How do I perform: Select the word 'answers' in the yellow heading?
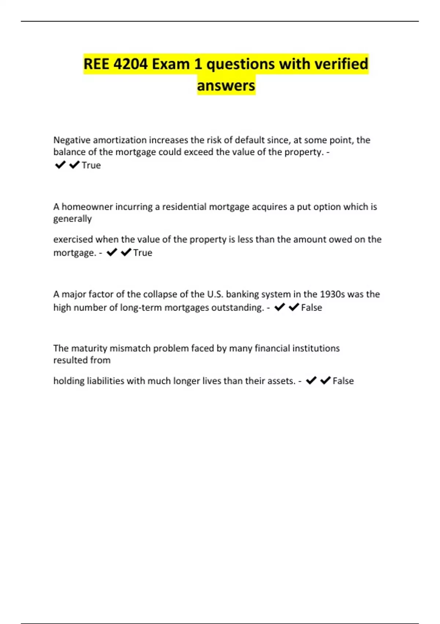(226, 86)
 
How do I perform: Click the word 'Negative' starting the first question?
(72, 140)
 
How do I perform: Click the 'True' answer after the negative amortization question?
(91, 166)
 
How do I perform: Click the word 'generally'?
(73, 219)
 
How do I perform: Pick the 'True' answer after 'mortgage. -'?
(143, 253)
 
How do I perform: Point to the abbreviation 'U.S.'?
(215, 294)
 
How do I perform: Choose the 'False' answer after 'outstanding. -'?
(311, 308)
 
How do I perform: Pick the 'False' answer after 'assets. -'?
(343, 381)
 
